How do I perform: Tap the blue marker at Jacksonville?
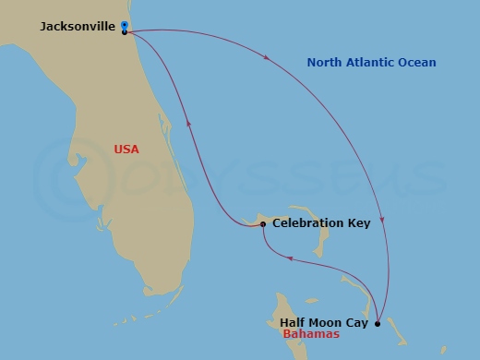(124, 25)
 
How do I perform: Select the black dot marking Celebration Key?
(263, 224)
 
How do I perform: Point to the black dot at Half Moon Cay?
(378, 323)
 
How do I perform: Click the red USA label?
(126, 149)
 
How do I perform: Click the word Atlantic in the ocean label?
(376, 63)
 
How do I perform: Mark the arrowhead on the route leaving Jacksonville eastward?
(267, 57)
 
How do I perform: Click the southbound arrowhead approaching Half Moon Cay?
(382, 220)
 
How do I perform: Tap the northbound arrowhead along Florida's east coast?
(189, 120)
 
